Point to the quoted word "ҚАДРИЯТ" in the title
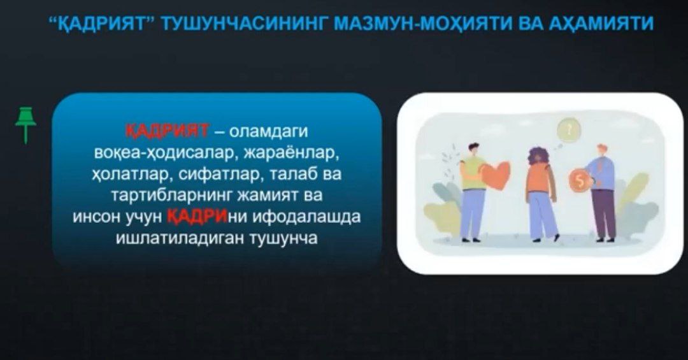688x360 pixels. (x=104, y=24)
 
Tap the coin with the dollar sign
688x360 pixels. (x=579, y=181)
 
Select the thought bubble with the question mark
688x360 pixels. (x=568, y=130)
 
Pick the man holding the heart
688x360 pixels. (x=473, y=191)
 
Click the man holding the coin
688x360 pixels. (x=602, y=191)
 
